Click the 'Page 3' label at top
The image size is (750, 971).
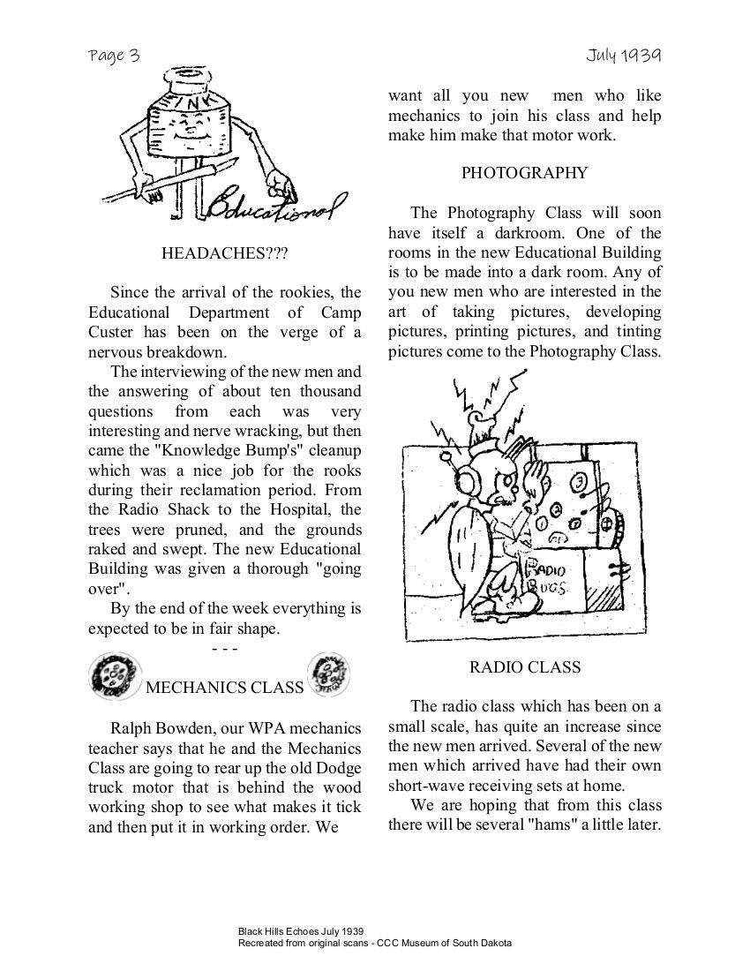pyautogui.click(x=114, y=56)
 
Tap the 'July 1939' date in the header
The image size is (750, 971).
pyautogui.click(x=623, y=56)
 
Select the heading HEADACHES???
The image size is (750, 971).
pyautogui.click(x=225, y=253)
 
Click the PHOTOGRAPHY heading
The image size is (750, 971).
pyautogui.click(x=524, y=173)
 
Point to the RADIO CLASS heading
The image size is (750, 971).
pyautogui.click(x=525, y=667)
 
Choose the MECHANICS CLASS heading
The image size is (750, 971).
pyautogui.click(x=224, y=688)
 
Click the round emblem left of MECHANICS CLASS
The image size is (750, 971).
pyautogui.click(x=111, y=676)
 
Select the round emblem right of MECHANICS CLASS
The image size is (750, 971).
pyautogui.click(x=327, y=674)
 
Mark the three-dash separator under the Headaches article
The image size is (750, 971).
pyautogui.click(x=225, y=650)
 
